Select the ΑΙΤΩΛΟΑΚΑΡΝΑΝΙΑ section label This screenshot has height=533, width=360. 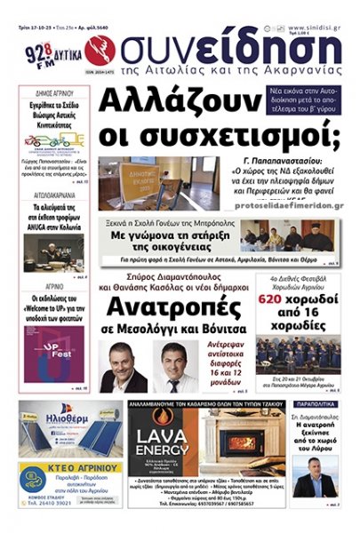[53, 192]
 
